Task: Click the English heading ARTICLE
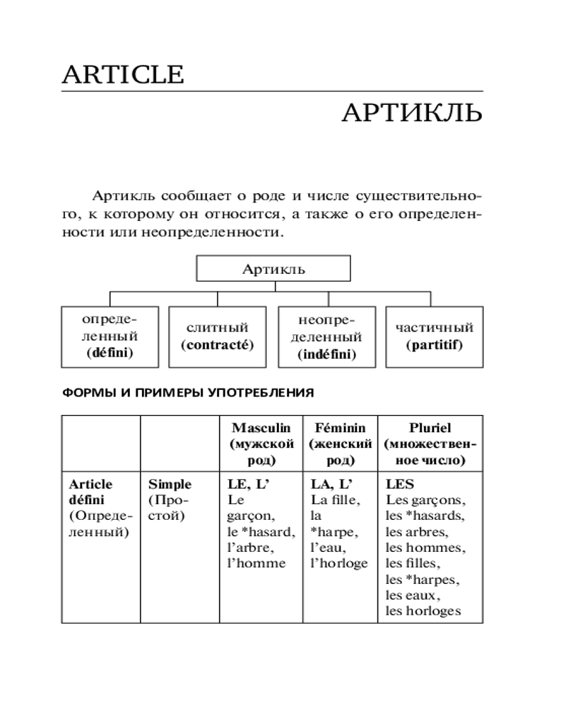click(123, 74)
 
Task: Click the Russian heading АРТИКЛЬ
click(412, 113)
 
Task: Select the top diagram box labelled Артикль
click(273, 269)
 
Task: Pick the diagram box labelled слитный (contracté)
click(217, 336)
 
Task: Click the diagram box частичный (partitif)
click(434, 336)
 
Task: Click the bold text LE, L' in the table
click(250, 485)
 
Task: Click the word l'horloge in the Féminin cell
click(339, 563)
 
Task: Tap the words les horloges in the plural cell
click(423, 610)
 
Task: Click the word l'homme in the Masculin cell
click(256, 563)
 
